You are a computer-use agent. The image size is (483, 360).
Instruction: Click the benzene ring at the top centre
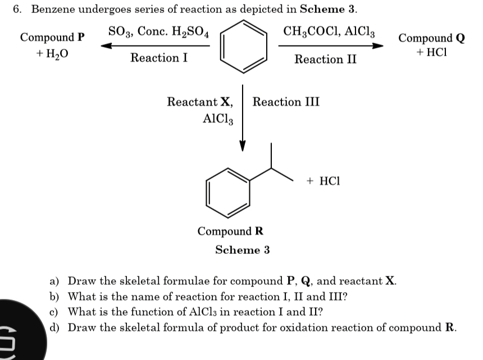[x=243, y=47]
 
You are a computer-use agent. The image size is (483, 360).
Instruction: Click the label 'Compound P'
[x=52, y=38]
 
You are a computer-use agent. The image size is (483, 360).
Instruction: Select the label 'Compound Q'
[x=431, y=38]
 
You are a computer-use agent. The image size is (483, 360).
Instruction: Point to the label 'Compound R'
[x=230, y=231]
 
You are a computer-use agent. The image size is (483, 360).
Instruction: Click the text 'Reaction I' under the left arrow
[x=159, y=58]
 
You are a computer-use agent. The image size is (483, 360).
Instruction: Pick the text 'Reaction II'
[x=326, y=59]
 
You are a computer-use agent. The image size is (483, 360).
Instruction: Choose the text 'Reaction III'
[x=286, y=102]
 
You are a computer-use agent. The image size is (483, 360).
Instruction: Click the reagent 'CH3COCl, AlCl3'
[x=330, y=31]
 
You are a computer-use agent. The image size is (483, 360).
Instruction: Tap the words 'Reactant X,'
[x=200, y=102]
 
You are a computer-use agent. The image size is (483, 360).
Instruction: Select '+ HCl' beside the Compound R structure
[x=324, y=181]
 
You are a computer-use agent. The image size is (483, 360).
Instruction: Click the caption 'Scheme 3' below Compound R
[x=242, y=250]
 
